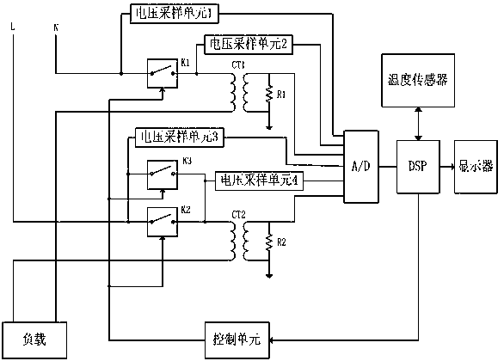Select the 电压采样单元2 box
pyautogui.click(x=244, y=42)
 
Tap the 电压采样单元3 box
pyautogui.click(x=178, y=137)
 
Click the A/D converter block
pyautogui.click(x=360, y=167)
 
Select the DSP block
pyautogui.click(x=416, y=167)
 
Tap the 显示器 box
pyautogui.click(x=475, y=167)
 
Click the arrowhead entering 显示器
pyautogui.click(x=452, y=167)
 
